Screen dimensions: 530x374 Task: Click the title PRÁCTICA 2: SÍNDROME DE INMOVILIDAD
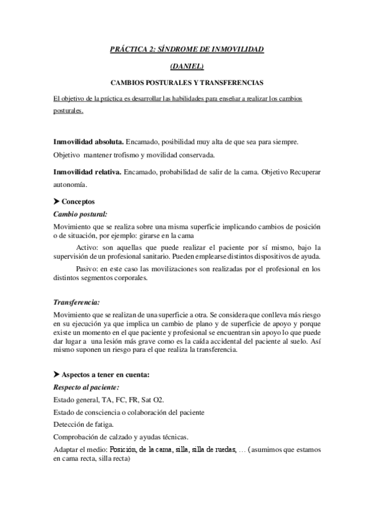point(187,49)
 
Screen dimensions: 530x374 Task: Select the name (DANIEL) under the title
point(187,66)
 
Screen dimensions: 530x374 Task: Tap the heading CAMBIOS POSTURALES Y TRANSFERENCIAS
point(187,82)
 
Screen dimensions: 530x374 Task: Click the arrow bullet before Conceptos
point(57,201)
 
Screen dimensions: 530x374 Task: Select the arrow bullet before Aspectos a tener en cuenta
point(57,374)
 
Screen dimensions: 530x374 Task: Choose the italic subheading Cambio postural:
point(80,214)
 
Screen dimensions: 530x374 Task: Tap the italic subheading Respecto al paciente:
point(86,387)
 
